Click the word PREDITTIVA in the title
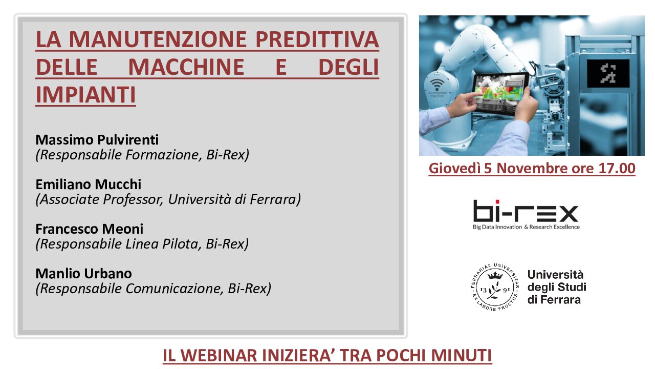click(317, 39)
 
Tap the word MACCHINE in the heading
click(186, 67)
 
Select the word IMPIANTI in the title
click(85, 95)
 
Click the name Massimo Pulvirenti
click(97, 140)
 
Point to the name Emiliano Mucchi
click(89, 184)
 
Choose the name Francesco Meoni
click(90, 229)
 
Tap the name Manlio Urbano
click(83, 274)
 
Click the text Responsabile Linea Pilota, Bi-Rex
click(142, 244)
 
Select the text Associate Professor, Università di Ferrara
click(168, 199)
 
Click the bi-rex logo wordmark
click(526, 211)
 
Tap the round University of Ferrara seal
click(495, 288)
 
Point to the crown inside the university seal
click(495, 275)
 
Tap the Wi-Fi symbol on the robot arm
click(437, 85)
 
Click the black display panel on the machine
click(608, 73)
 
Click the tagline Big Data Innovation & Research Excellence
click(527, 227)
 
